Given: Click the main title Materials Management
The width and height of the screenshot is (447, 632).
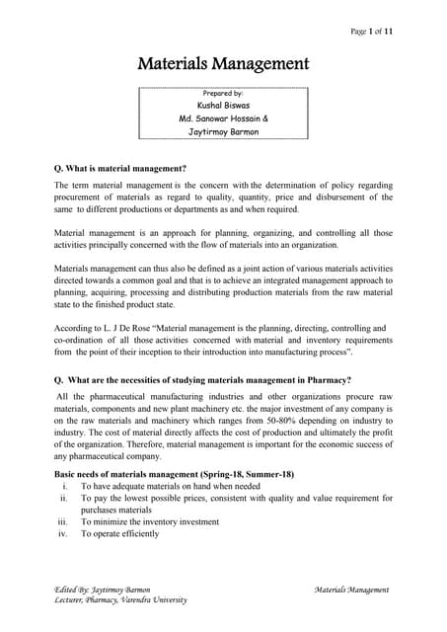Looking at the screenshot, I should pos(223,65).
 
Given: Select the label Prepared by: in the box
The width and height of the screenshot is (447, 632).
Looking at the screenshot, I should pos(223,94).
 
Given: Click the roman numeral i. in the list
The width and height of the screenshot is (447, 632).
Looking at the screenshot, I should pos(64,487).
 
